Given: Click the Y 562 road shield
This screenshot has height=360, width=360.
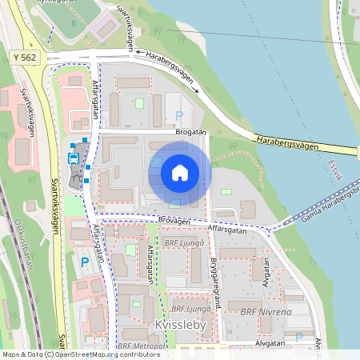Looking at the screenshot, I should [x=26, y=58].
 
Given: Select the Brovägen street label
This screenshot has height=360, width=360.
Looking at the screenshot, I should [x=175, y=221].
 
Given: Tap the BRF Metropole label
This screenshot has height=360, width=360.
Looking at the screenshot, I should [x=145, y=346].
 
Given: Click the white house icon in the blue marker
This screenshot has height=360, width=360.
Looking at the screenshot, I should [x=180, y=172].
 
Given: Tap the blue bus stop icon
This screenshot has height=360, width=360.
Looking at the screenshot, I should [x=74, y=158].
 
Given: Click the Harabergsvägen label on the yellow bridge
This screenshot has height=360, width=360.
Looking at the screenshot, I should [x=288, y=143].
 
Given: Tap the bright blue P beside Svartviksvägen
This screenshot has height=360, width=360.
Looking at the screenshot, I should [x=84, y=262].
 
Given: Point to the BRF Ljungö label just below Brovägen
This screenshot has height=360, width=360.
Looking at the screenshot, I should [x=181, y=242].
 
